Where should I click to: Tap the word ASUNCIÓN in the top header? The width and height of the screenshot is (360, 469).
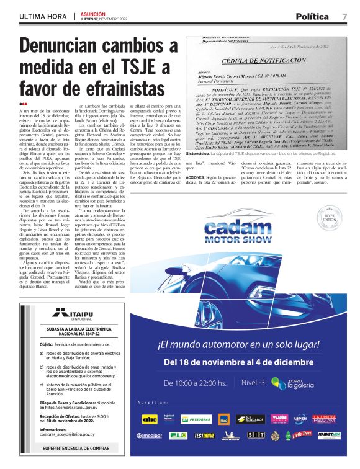click(93, 12)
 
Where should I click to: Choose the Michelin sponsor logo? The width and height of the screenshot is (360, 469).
click(228, 435)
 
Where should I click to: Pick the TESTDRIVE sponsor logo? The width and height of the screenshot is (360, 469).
click(204, 435)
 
